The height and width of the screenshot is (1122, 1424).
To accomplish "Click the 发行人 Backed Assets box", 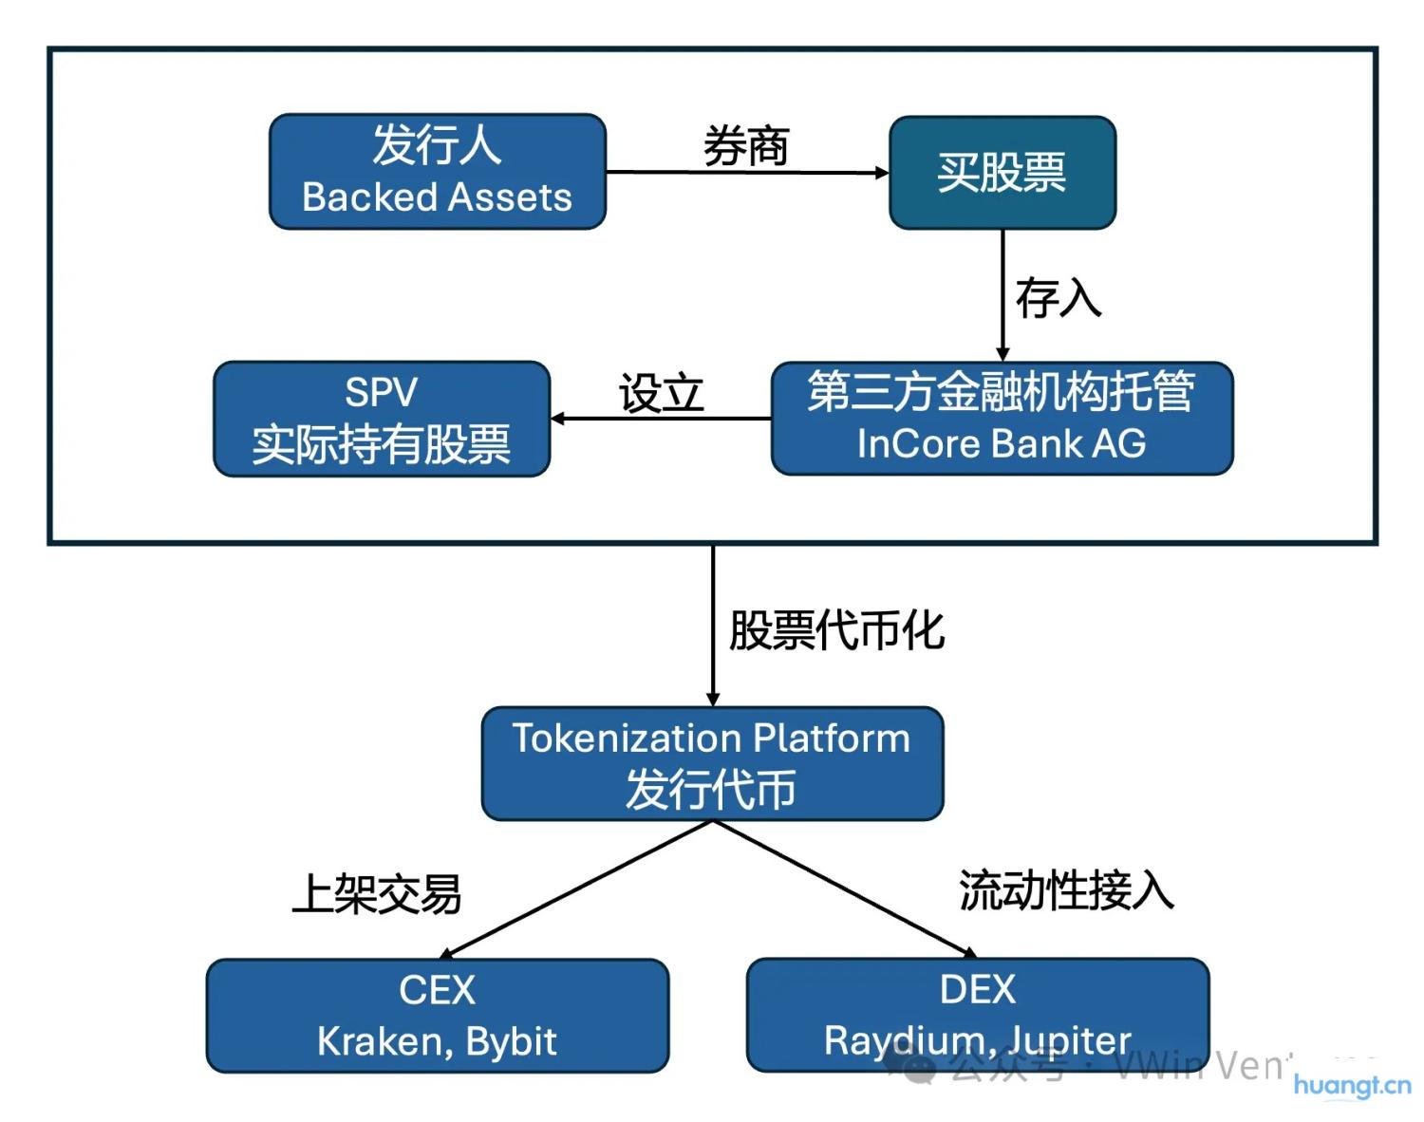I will click(x=438, y=172).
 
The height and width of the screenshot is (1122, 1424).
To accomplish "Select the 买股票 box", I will click(x=1002, y=173).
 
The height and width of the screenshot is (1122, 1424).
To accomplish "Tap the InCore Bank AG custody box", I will click(x=1002, y=419).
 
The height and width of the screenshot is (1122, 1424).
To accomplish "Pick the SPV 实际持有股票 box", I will click(x=382, y=419).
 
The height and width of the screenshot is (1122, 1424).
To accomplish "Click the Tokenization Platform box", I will click(x=712, y=763).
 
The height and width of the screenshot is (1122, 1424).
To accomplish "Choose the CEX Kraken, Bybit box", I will click(x=437, y=1016).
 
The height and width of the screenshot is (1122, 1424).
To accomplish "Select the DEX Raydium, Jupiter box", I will click(x=978, y=1015).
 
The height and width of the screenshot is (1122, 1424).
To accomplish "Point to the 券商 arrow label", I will click(x=745, y=147).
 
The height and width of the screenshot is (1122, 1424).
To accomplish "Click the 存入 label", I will click(x=1058, y=298).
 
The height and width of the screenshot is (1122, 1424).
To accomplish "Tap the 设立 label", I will click(x=661, y=393).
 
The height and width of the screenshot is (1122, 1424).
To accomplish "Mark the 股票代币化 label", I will click(x=836, y=630).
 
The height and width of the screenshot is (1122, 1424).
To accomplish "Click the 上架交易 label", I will click(x=377, y=893).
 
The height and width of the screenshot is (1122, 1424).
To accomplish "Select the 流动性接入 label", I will click(x=1066, y=890).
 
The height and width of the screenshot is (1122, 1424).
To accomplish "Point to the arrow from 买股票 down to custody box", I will click(x=1002, y=294).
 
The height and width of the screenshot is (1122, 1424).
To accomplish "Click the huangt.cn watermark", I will click(x=1352, y=1085).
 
